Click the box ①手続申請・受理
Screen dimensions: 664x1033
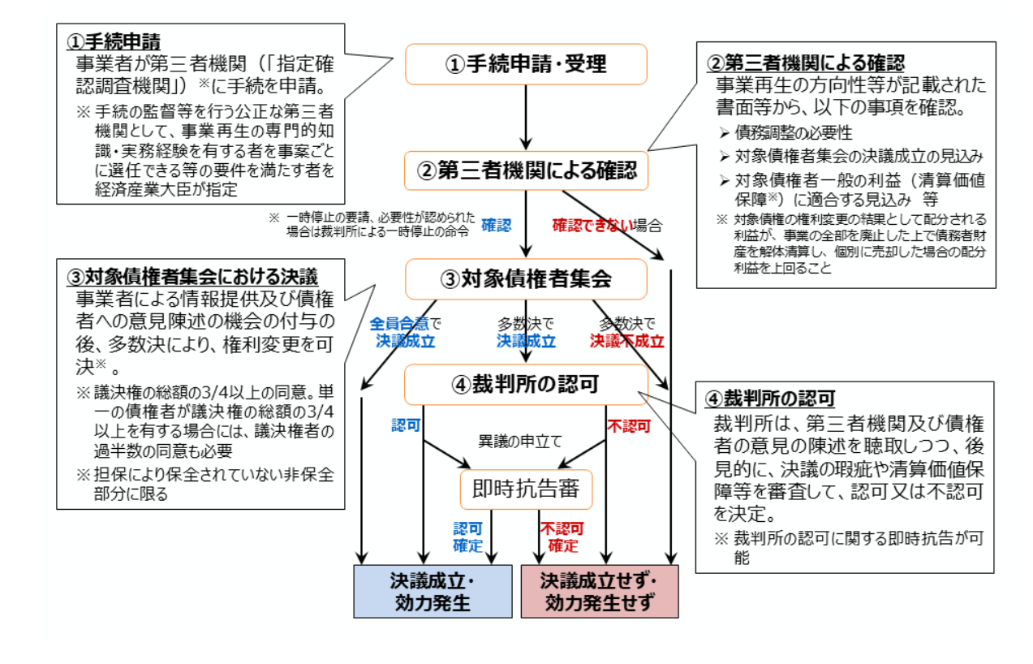[526, 64]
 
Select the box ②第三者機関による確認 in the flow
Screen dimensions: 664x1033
[526, 170]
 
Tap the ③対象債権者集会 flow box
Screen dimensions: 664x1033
[526, 278]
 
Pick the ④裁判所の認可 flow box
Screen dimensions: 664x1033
[526, 384]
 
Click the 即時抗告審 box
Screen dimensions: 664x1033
[526, 489]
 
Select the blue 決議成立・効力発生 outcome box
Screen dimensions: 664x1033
[433, 591]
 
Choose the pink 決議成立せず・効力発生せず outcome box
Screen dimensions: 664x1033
[599, 591]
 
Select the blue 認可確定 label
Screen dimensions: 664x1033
[468, 537]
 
